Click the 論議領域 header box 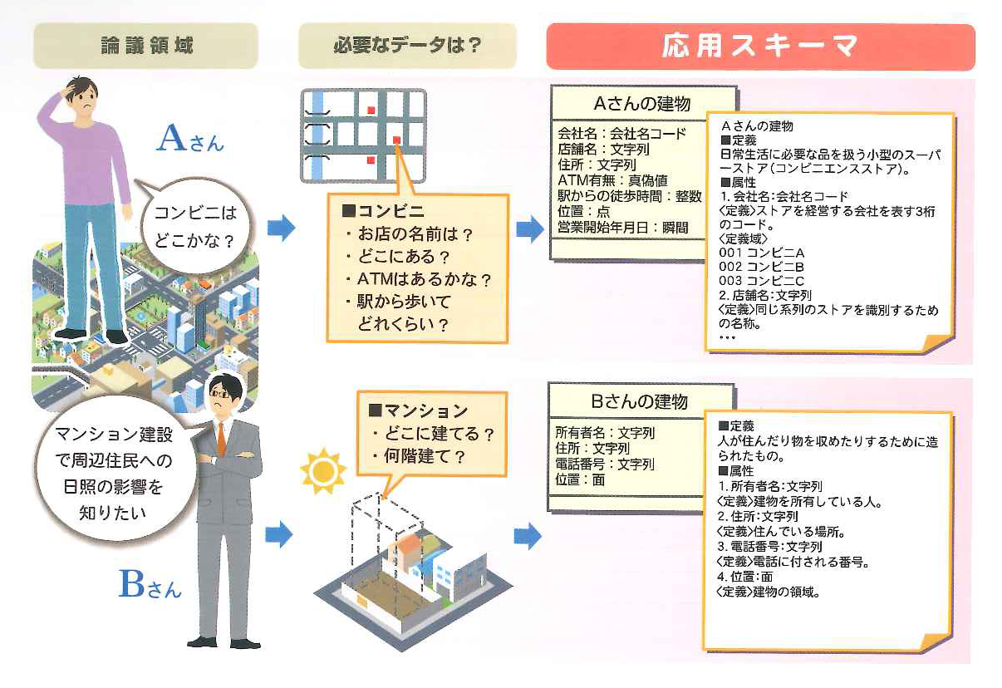click(145, 45)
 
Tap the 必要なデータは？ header click(407, 45)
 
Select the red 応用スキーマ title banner click(760, 47)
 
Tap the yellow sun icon click(322, 471)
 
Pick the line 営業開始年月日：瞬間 click(622, 227)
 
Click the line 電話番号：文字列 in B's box click(605, 464)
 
